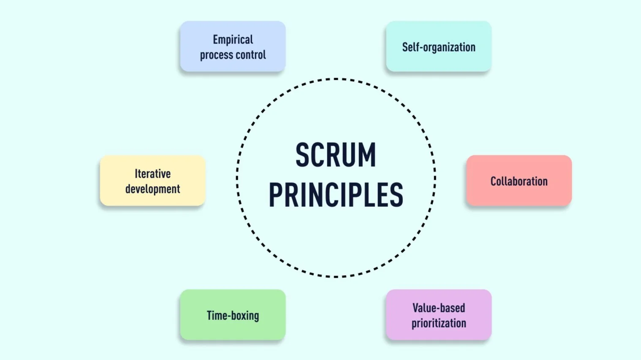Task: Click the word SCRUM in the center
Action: [336, 155]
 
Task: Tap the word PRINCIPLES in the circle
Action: [336, 195]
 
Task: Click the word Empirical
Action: [233, 40]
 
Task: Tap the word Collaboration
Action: [519, 181]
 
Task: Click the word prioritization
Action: [439, 323]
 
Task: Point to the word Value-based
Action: [439, 308]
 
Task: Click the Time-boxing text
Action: [233, 316]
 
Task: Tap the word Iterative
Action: [152, 174]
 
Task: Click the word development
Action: [152, 189]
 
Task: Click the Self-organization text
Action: [439, 47]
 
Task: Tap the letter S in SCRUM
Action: [303, 155]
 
